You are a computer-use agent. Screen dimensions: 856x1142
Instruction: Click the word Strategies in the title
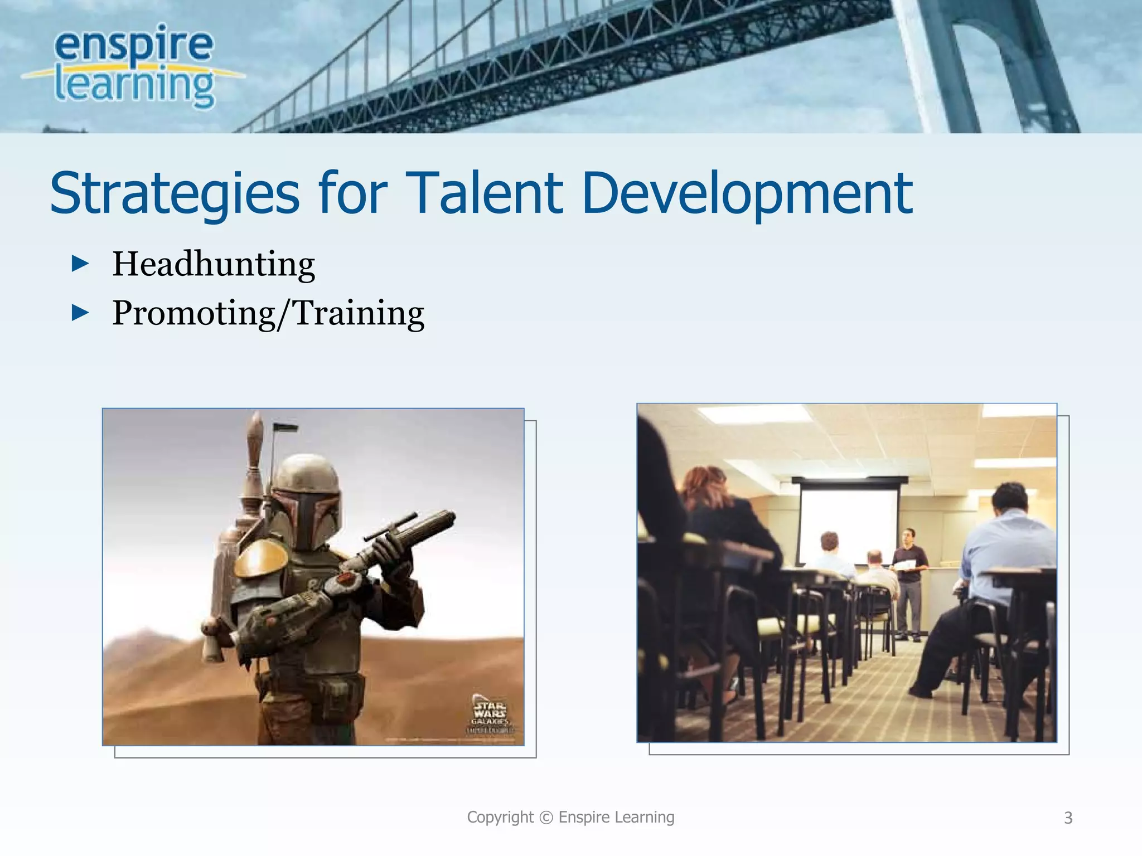point(175,193)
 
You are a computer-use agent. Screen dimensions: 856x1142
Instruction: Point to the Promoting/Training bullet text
point(268,313)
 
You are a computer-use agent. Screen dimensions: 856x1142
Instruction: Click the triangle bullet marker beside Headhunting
point(80,264)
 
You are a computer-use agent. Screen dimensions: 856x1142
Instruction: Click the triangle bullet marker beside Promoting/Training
point(80,313)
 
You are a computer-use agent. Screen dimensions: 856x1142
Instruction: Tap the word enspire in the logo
point(134,45)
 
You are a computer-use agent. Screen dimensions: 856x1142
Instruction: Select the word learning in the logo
point(134,86)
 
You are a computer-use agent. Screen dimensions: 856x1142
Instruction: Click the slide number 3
point(1068,818)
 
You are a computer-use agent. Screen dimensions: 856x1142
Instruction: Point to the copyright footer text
point(570,817)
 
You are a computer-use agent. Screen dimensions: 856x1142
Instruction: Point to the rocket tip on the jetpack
point(256,432)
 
